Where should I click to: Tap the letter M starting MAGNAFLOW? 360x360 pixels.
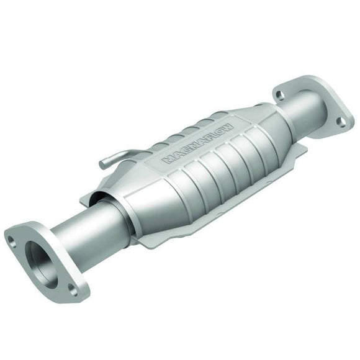[x=167, y=160]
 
